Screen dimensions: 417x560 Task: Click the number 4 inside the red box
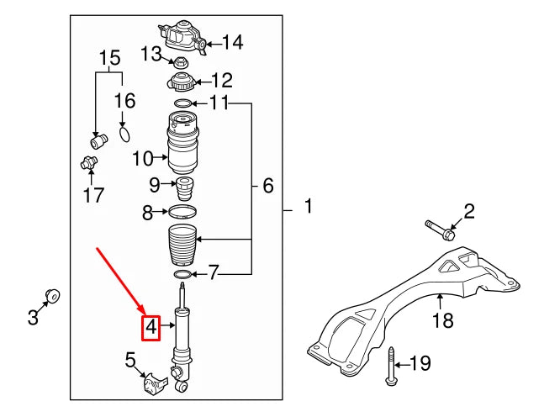[152, 326]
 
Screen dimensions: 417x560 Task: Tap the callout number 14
[232, 42]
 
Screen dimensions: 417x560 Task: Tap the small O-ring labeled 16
[124, 133]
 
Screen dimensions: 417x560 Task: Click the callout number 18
[442, 319]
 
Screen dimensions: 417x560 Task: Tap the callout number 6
[267, 186]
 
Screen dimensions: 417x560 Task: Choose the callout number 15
[109, 58]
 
